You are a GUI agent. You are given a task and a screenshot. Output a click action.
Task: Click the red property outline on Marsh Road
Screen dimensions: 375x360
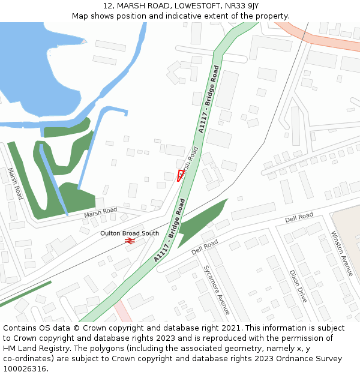click(x=181, y=175)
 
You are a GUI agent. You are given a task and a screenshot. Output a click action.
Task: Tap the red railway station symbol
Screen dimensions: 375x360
click(x=129, y=241)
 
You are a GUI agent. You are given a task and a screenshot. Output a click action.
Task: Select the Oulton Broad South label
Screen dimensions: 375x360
click(x=129, y=233)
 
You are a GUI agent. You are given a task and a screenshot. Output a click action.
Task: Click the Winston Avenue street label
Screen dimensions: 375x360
click(x=342, y=253)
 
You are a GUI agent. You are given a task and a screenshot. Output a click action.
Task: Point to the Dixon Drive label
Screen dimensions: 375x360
click(x=298, y=285)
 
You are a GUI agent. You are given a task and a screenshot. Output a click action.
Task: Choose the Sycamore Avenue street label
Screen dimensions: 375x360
click(x=216, y=290)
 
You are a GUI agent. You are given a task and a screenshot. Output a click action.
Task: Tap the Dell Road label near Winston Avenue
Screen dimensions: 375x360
click(x=299, y=217)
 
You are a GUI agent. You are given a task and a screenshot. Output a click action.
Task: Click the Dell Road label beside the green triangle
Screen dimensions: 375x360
click(x=205, y=246)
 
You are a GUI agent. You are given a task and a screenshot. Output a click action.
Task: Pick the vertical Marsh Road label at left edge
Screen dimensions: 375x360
click(x=15, y=184)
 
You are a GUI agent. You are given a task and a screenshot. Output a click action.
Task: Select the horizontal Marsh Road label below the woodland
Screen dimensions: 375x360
click(x=100, y=212)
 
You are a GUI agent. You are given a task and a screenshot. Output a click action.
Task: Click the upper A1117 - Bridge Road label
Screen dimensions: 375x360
click(x=208, y=100)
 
